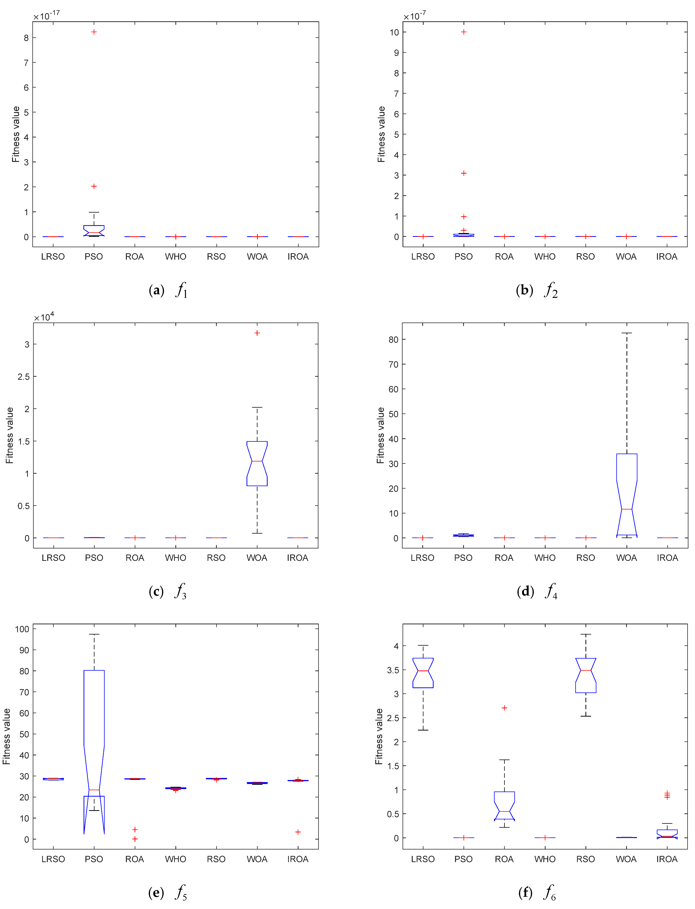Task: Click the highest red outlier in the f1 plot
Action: click(94, 32)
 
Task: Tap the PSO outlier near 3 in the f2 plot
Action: click(464, 173)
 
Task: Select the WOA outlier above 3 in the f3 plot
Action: click(257, 333)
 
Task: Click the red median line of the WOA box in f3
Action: click(257, 461)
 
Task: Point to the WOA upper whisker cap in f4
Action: click(627, 333)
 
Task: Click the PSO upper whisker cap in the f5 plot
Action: click(94, 634)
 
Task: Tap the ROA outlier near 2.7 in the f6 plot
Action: click(504, 708)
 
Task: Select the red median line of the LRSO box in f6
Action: click(423, 671)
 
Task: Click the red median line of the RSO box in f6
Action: click(586, 670)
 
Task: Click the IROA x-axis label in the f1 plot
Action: click(298, 257)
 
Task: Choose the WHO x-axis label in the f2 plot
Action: click(545, 257)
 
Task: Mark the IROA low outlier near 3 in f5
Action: click(298, 832)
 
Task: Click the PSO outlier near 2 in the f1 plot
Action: click(94, 186)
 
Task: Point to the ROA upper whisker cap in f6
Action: click(504, 760)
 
